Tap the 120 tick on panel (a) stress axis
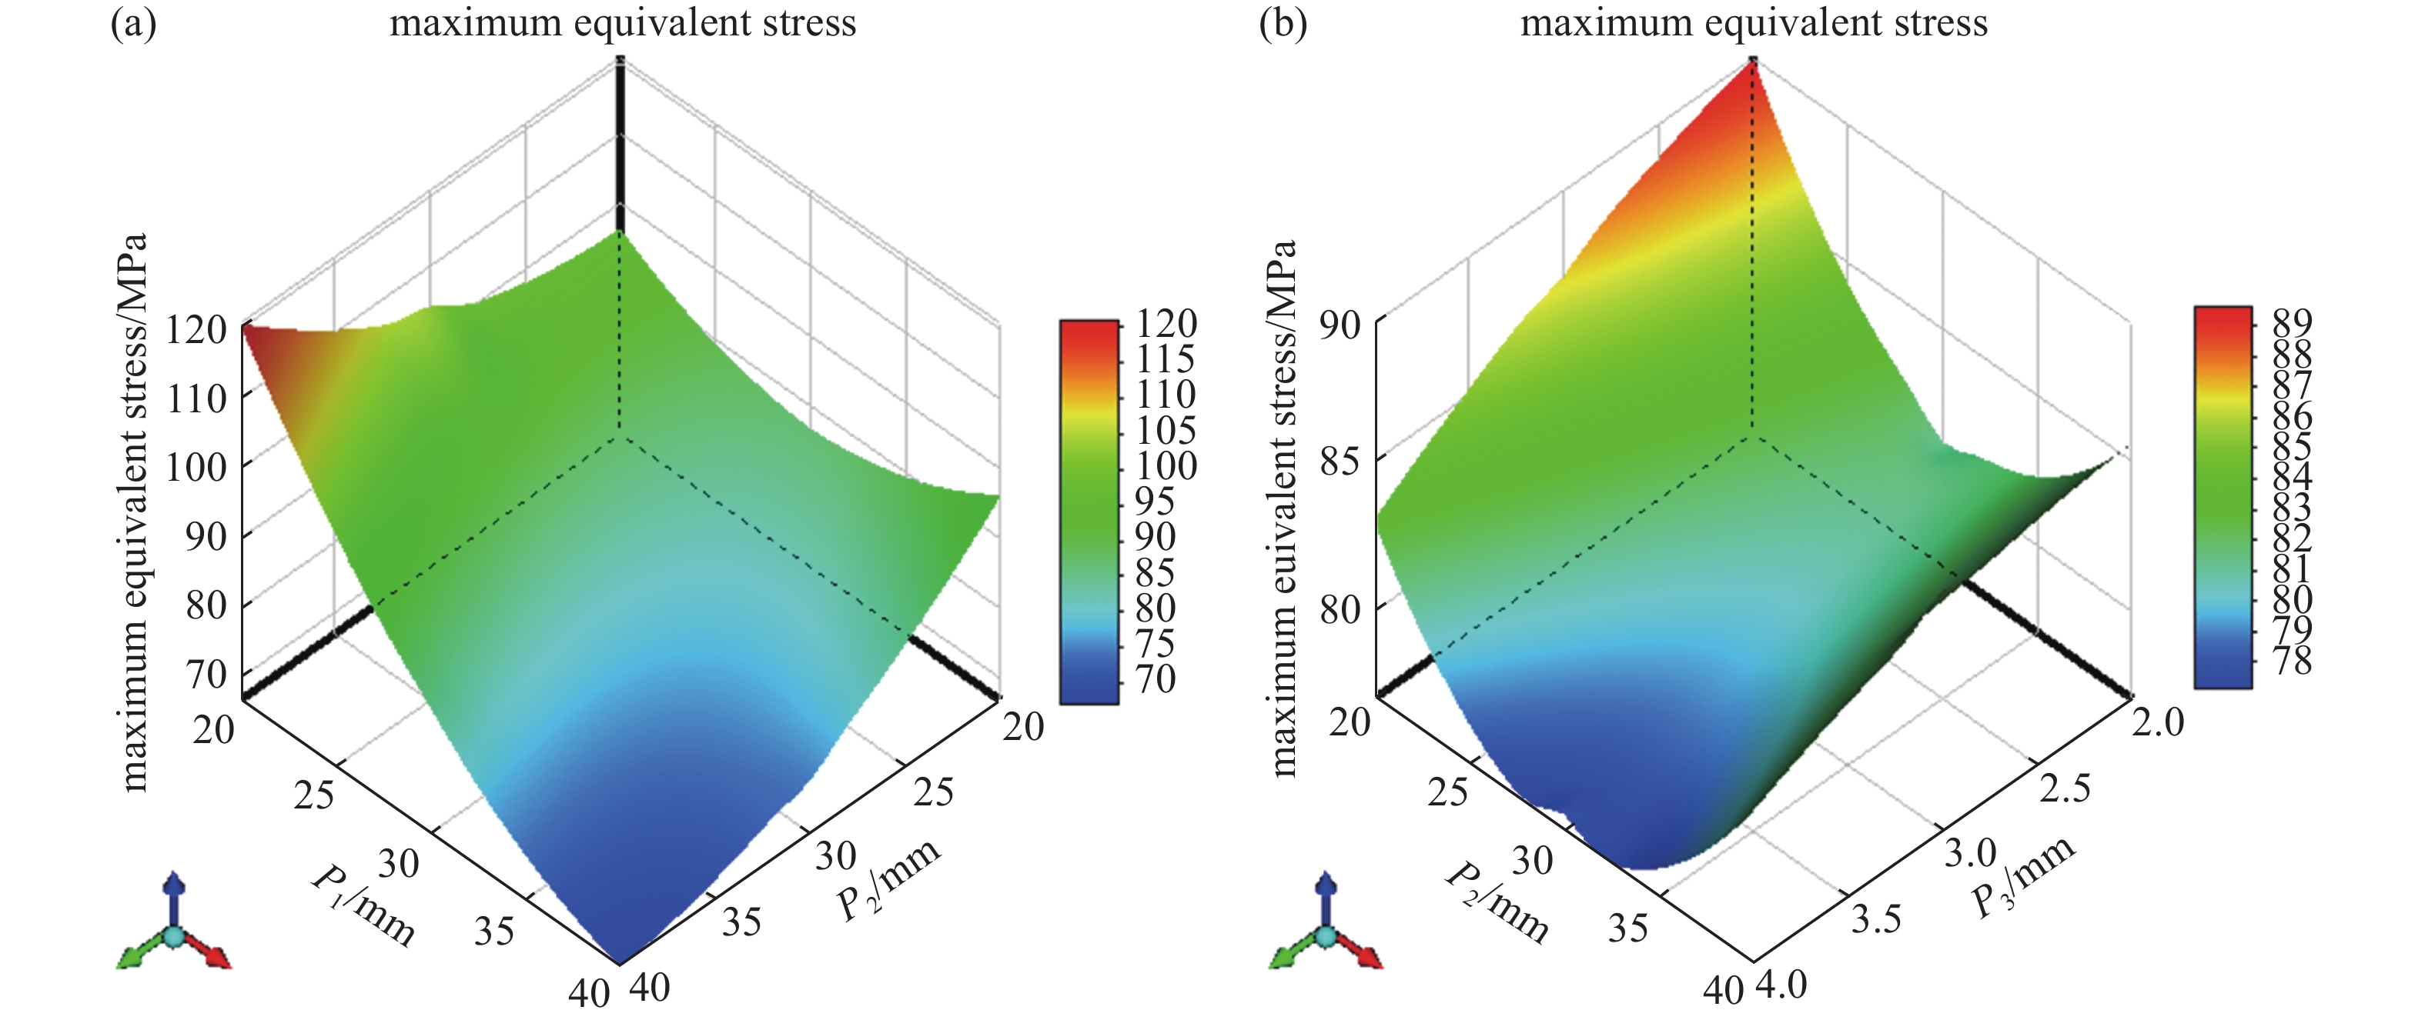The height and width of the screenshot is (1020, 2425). pos(197,329)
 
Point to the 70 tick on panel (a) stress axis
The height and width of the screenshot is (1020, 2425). pos(206,675)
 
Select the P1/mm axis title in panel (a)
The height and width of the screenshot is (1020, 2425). pos(363,903)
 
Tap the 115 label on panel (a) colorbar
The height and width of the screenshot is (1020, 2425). pos(1165,358)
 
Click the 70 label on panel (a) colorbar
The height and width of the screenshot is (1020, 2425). pos(1154,678)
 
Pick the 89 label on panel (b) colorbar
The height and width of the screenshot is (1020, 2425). pos(2291,323)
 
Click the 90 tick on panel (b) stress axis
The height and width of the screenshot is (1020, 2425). pos(1340,325)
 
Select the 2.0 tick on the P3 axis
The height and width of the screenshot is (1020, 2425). pos(2158,722)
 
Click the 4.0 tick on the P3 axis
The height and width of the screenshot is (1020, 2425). pos(1782,985)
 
